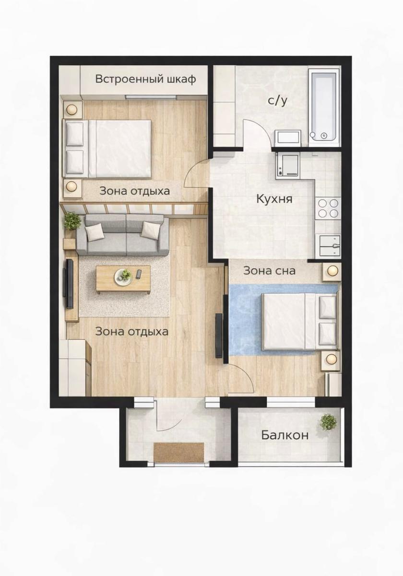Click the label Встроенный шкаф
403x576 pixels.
coord(145,79)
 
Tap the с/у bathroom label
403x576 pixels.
coord(278,101)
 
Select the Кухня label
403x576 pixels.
coord(274,199)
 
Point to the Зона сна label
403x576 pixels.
coord(269,271)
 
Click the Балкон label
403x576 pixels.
coord(285,435)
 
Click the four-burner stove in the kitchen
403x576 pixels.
coord(328,208)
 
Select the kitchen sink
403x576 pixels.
coord(330,246)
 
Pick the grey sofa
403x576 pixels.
coord(123,235)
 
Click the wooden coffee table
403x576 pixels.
coord(123,279)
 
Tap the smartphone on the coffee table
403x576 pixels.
coord(138,274)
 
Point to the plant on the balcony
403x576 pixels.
coord(328,422)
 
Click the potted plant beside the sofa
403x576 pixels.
coord(72,221)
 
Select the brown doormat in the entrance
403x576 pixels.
coord(179,452)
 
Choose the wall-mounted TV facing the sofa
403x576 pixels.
coord(70,284)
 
